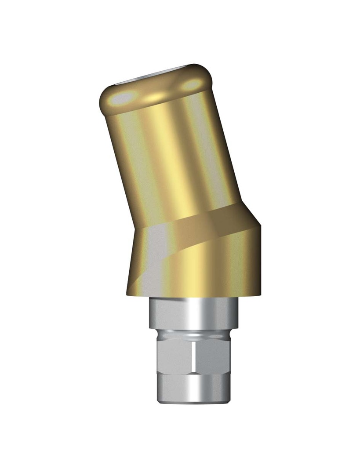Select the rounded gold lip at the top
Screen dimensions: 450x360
[x=156, y=90]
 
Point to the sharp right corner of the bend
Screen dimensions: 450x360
[x=261, y=226]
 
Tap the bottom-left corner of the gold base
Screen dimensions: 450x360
[x=127, y=295]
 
